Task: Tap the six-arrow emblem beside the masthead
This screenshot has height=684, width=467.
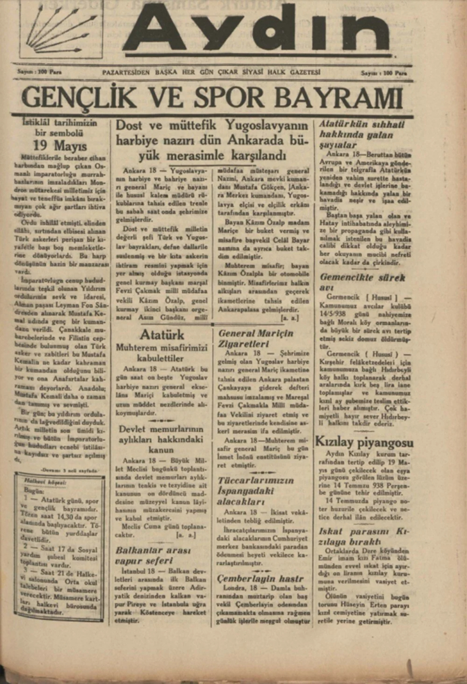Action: point(61,29)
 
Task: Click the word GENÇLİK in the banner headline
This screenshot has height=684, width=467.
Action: point(79,98)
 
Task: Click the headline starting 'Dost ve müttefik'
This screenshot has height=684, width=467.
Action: point(212,139)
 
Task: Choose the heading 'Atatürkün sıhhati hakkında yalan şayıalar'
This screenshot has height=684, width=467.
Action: point(361,134)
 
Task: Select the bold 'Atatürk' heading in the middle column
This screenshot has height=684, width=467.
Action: point(162,334)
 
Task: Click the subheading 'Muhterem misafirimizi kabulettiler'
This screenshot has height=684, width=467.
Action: point(161,353)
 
